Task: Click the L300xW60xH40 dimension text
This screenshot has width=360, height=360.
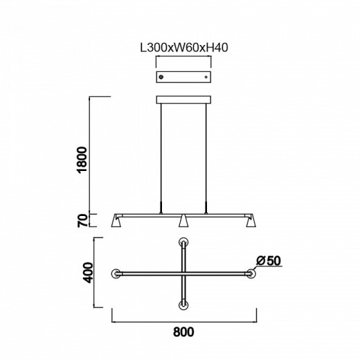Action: [x=184, y=48]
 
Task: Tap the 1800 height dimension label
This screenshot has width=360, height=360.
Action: [x=82, y=159]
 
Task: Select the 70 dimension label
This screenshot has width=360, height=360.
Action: [x=82, y=220]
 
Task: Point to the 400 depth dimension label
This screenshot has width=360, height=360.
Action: [x=88, y=273]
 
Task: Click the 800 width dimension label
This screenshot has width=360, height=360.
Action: [x=183, y=332]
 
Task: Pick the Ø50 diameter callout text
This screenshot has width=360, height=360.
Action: [x=269, y=261]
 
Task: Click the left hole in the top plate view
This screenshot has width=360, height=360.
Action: [x=161, y=77]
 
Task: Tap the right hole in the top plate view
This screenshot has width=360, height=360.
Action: [x=206, y=77]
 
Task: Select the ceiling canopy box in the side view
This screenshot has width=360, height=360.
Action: [x=183, y=100]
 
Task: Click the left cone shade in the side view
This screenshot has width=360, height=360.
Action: [x=116, y=221]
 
